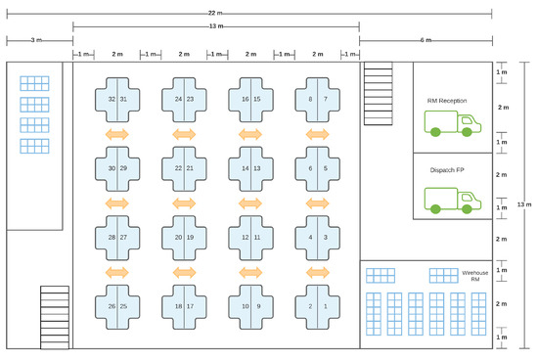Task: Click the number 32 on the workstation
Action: (112, 100)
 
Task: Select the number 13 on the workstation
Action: (257, 168)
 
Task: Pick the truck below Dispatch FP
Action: (454, 200)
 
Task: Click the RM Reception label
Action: (447, 101)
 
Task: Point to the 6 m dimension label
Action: (426, 40)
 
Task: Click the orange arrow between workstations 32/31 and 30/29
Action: (117, 133)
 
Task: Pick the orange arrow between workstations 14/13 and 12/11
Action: (250, 202)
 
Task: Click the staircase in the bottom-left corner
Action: (55, 315)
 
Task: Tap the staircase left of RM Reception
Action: (378, 94)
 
